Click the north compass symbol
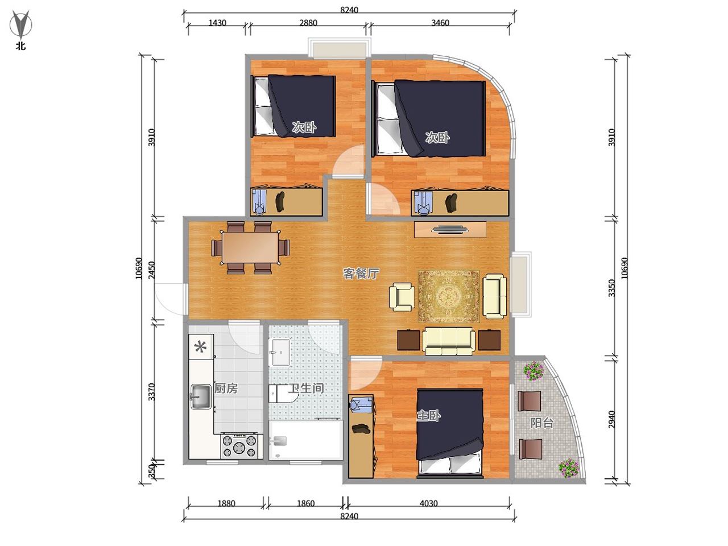coord(21,25)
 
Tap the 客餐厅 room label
coord(361,274)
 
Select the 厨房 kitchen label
coord(226,388)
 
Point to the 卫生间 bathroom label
coord(306,388)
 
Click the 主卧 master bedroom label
coord(428,415)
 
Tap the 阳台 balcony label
coord(542,423)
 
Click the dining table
coord(250,247)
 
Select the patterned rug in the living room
coord(449,296)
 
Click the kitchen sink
coord(201,396)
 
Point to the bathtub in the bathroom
coord(305,440)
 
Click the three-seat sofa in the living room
coord(449,341)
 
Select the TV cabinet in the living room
coord(450,229)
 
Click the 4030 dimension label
coord(428,503)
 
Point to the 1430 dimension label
coord(217,23)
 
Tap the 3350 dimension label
coord(612,288)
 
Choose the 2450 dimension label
coord(151,270)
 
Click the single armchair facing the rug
coord(402,297)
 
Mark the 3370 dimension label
coord(151,392)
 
